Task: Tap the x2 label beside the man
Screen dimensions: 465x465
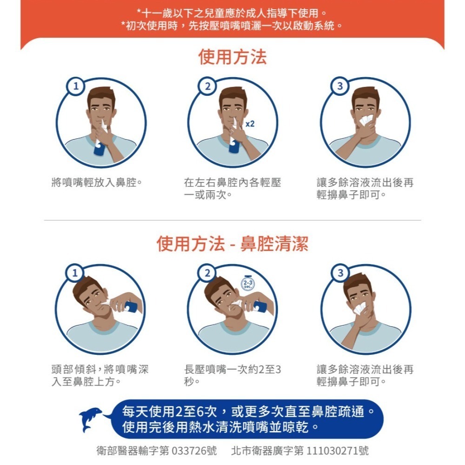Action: click(x=250, y=124)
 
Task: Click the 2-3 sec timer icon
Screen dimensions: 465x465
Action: click(x=247, y=284)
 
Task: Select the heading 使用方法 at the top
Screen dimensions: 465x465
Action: click(x=232, y=57)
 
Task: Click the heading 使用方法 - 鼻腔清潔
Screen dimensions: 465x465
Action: click(x=232, y=244)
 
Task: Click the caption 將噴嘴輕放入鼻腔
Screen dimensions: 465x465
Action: click(x=97, y=183)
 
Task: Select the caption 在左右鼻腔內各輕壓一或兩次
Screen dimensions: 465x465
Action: click(x=232, y=189)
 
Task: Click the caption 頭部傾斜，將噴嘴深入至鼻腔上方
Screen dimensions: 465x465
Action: click(x=100, y=376)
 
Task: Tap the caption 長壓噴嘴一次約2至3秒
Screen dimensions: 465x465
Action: click(x=232, y=376)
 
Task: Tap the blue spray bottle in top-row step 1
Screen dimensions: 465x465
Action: click(x=99, y=148)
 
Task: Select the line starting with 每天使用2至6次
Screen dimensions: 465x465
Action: click(x=247, y=412)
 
